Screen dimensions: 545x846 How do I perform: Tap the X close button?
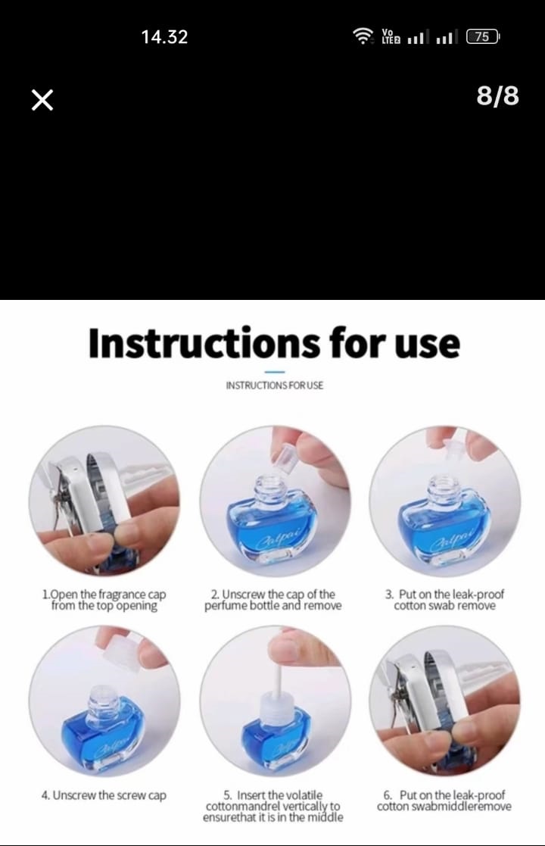(42, 101)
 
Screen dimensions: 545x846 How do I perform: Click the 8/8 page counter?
(497, 95)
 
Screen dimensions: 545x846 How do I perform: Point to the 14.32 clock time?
(164, 36)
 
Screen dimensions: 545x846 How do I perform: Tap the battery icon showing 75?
(483, 36)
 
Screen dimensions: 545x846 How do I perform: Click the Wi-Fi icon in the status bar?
(363, 36)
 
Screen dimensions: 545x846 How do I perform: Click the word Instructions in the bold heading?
(204, 342)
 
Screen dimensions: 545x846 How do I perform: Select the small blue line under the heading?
(275, 372)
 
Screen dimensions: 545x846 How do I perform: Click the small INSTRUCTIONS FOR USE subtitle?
(274, 386)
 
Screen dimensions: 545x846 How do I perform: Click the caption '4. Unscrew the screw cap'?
(104, 795)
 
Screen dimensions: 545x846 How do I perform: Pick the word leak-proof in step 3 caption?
(478, 594)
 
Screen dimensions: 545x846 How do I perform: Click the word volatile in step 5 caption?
(304, 795)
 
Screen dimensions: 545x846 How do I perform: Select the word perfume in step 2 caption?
(223, 606)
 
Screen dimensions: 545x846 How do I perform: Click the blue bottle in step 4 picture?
(104, 731)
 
